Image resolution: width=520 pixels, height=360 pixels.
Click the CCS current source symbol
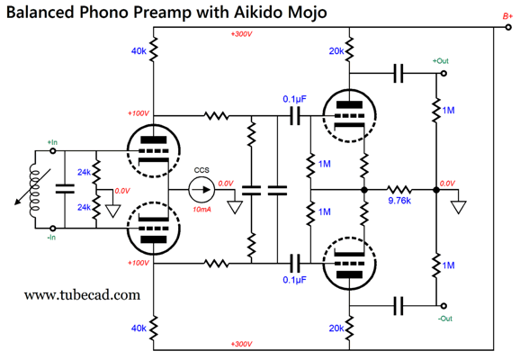pyautogui.click(x=202, y=190)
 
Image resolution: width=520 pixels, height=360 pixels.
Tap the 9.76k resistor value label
pyautogui.click(x=399, y=201)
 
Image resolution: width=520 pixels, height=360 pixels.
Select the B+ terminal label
pyautogui.click(x=507, y=16)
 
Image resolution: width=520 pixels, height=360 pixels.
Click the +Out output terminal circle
pyautogui.click(x=444, y=73)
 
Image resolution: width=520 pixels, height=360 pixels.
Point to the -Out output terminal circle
pyautogui.click(x=444, y=306)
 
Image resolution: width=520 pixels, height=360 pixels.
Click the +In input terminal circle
pyautogui.click(x=52, y=151)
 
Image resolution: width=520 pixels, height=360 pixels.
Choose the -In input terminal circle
pyautogui.click(x=52, y=229)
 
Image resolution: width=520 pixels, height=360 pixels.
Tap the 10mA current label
pyautogui.click(x=202, y=210)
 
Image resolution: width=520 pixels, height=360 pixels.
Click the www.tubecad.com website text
pyautogui.click(x=82, y=295)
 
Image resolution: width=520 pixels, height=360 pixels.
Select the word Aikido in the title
pyautogui.click(x=258, y=13)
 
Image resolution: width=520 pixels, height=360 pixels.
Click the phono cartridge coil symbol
pyautogui.click(x=34, y=190)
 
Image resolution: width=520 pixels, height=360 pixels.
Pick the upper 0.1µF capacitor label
pyautogui.click(x=294, y=99)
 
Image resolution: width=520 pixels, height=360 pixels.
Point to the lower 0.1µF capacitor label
pyautogui.click(x=294, y=280)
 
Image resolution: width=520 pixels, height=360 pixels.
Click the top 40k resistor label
pyautogui.click(x=139, y=51)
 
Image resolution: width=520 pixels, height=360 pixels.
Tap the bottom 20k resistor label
pyautogui.click(x=336, y=328)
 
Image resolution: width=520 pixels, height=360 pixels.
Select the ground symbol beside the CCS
pyautogui.click(x=235, y=207)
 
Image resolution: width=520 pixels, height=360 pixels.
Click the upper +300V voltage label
pyautogui.click(x=241, y=34)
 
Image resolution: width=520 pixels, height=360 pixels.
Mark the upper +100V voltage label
pyautogui.click(x=139, y=113)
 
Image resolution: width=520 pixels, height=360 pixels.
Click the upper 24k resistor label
pyautogui.click(x=84, y=172)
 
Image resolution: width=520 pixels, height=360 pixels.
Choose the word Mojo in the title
pyautogui.click(x=307, y=13)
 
